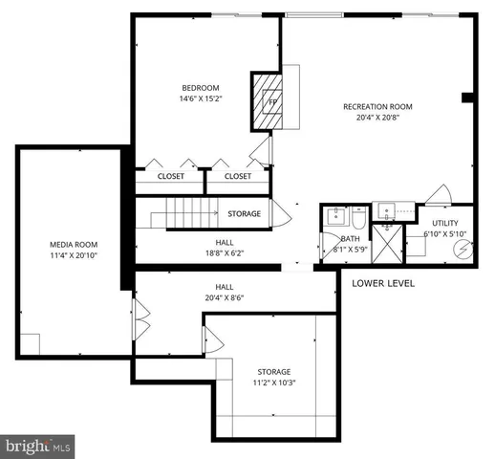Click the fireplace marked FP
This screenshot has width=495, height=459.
pyautogui.click(x=270, y=100)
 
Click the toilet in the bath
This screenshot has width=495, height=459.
pyautogui.click(x=356, y=215)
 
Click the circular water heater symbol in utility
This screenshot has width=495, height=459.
pyautogui.click(x=463, y=250)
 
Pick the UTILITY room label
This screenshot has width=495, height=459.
pyautogui.click(x=445, y=222)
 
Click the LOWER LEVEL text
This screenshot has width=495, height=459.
pyautogui.click(x=382, y=283)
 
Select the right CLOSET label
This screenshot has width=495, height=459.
pyautogui.click(x=238, y=176)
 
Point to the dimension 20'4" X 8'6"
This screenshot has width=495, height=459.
pyautogui.click(x=224, y=298)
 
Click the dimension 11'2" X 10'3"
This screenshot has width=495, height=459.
pyautogui.click(x=273, y=384)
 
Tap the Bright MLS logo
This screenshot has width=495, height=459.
pyautogui.click(x=38, y=445)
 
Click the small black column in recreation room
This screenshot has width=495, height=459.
pyautogui.click(x=466, y=97)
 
